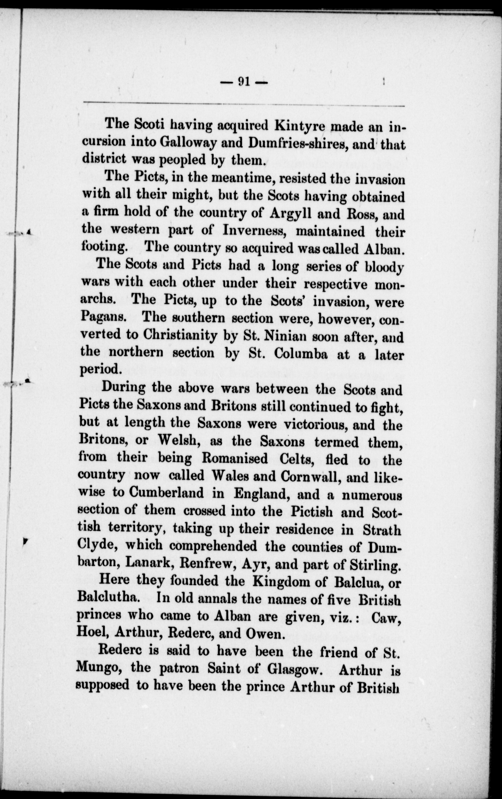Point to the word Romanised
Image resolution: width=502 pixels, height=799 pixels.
tap(235, 458)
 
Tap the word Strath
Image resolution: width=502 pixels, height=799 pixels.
tap(382, 530)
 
